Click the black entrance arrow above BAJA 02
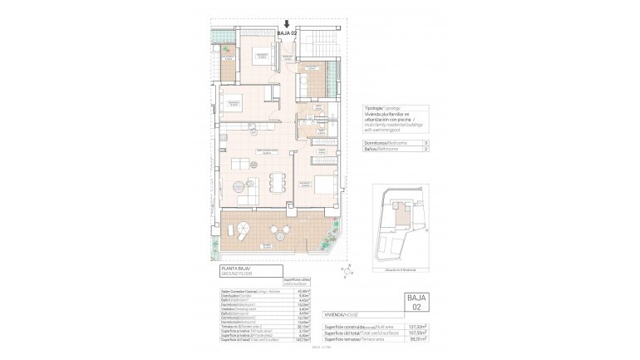(287, 26)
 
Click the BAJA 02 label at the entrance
(287, 34)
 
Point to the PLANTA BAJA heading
(234, 269)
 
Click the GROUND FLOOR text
(235, 274)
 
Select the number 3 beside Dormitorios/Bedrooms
(426, 144)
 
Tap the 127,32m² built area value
(416, 327)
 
